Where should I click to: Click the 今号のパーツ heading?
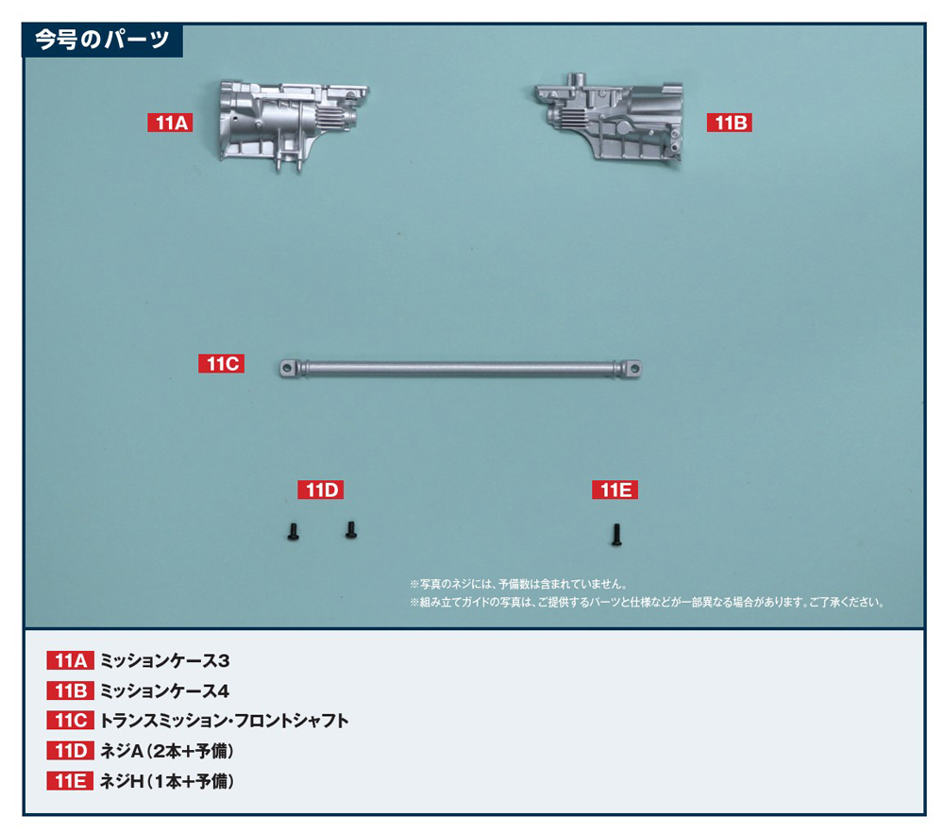click(x=102, y=40)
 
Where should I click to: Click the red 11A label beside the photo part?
click(x=170, y=123)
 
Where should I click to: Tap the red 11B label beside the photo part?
click(x=729, y=123)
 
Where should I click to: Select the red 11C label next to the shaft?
click(x=222, y=363)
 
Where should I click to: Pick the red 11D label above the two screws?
click(x=321, y=490)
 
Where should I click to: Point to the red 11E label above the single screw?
click(x=615, y=490)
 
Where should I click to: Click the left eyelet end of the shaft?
click(x=288, y=368)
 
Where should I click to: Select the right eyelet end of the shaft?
click(x=632, y=368)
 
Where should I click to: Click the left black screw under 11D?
click(x=294, y=531)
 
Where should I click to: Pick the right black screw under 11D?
click(x=351, y=529)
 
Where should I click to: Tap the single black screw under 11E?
click(x=615, y=535)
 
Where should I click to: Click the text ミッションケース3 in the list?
click(x=164, y=660)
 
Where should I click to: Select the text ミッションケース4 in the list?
click(x=164, y=691)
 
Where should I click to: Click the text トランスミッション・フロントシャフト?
click(x=224, y=721)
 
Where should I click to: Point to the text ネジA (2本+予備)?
click(x=167, y=751)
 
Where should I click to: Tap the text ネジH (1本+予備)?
click(x=167, y=781)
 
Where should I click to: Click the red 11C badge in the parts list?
click(x=71, y=721)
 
